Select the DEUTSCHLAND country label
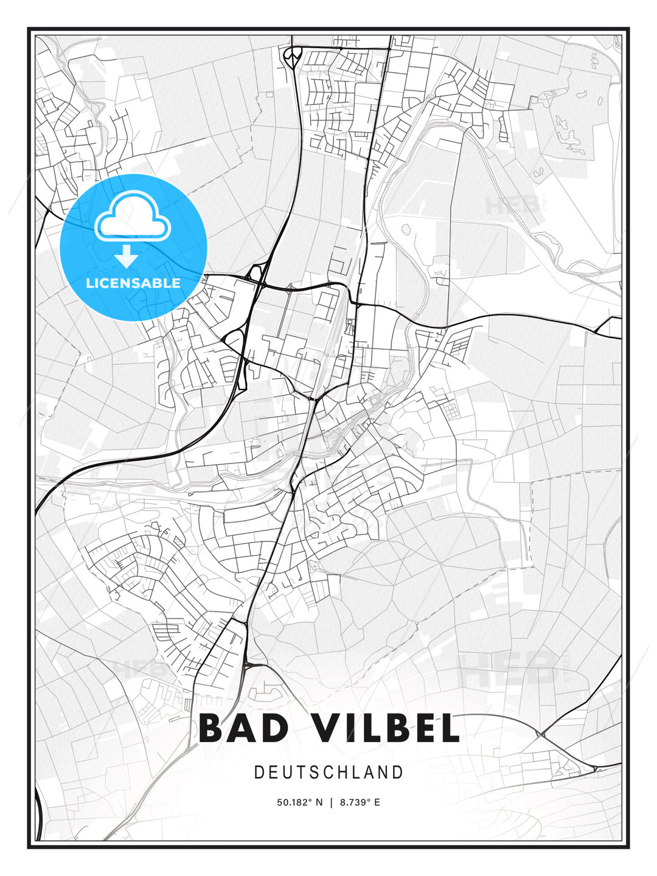[x=328, y=773]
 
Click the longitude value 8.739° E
[x=360, y=802]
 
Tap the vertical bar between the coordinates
[x=332, y=802]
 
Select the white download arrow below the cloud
[x=127, y=257]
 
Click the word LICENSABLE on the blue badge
[x=133, y=283]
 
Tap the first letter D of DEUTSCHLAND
[x=259, y=773]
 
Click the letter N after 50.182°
[x=319, y=802]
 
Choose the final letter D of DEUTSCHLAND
[x=398, y=773]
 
